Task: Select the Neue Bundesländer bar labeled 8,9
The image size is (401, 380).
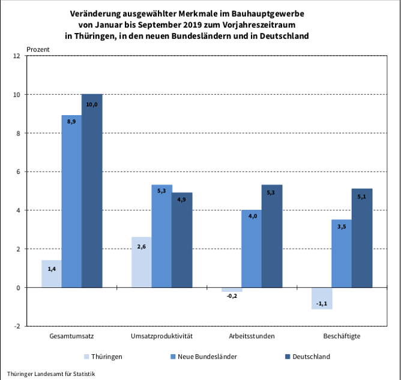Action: click(71, 201)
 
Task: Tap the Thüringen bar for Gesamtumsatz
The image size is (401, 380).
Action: click(51, 274)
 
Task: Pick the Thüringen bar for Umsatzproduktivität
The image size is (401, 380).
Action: click(141, 262)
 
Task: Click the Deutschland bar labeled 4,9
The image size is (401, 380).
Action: click(182, 240)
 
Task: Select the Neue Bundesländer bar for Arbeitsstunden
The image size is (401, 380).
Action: click(252, 249)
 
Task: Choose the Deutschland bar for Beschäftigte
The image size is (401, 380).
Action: click(362, 238)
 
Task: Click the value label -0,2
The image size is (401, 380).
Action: click(232, 297)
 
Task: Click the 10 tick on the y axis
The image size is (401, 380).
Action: click(17, 95)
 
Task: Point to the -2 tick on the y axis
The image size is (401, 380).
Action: click(17, 326)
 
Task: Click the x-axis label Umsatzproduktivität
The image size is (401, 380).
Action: click(161, 336)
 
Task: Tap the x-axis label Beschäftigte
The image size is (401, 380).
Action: click(342, 336)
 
